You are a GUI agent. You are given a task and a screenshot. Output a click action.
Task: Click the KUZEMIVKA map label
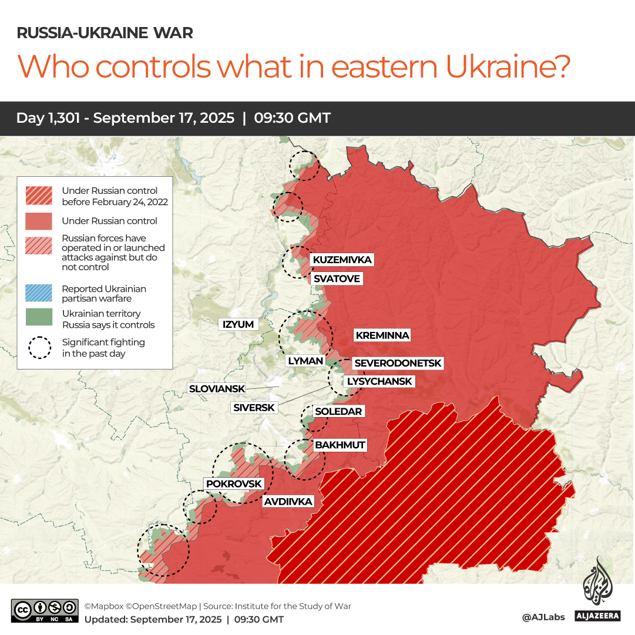tap(342, 260)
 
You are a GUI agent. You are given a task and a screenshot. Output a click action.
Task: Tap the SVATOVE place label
tap(336, 278)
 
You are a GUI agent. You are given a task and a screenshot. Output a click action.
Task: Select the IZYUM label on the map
tap(238, 324)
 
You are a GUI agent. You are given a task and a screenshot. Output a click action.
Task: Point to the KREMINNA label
tap(382, 335)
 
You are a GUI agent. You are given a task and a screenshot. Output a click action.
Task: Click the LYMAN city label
tap(305, 361)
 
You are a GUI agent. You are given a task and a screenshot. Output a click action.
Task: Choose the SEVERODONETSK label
tap(398, 364)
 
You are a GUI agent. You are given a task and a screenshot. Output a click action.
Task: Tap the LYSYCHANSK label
tap(379, 381)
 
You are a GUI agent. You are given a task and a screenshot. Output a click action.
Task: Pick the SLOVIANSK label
tap(216, 388)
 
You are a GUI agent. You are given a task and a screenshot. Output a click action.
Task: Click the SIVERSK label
tap(254, 407)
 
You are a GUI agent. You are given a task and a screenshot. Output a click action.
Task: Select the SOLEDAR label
tap(338, 411)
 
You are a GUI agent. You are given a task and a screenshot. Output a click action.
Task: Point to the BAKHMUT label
tap(340, 445)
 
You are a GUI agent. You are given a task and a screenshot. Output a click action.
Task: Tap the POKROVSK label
tap(233, 483)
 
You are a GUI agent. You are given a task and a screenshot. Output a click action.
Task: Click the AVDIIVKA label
tap(288, 502)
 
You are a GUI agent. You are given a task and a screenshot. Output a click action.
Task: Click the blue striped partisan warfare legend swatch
tap(39, 293)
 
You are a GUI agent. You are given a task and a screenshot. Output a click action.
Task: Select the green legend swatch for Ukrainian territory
tap(39, 318)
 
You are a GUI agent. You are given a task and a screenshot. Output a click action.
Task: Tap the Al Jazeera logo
tap(597, 590)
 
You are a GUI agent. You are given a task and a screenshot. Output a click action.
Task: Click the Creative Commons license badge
tap(45, 610)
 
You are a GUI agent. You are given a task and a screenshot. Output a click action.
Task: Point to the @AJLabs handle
tap(543, 617)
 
